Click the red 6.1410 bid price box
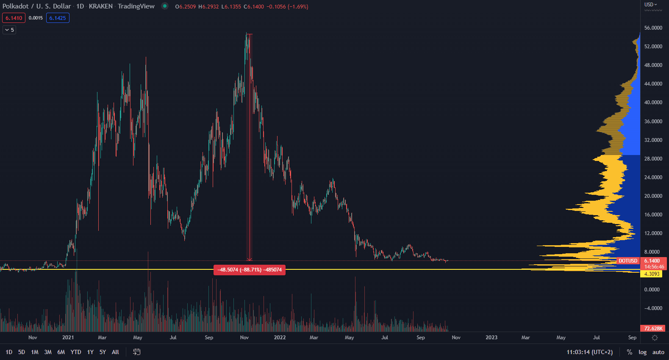point(14,18)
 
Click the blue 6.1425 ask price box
point(58,18)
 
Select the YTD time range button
point(76,352)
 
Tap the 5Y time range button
point(103,352)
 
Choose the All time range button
point(115,352)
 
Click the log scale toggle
point(642,352)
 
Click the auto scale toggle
point(658,352)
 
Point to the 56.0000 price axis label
point(653,28)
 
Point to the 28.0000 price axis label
point(653,158)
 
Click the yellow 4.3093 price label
point(652,274)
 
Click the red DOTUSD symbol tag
point(627,261)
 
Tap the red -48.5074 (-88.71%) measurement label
point(250,270)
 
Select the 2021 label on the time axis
point(68,338)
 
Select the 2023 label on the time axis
point(491,338)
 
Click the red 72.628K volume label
point(653,328)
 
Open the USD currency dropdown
point(650,4)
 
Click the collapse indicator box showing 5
point(9,30)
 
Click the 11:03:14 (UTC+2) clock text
point(589,352)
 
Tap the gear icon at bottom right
point(655,338)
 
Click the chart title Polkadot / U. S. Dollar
point(37,6)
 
